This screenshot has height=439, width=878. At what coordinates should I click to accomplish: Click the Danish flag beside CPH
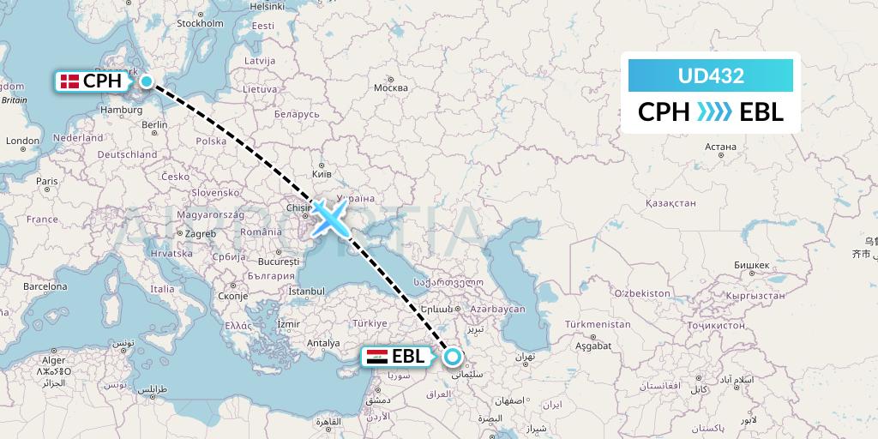coord(69,81)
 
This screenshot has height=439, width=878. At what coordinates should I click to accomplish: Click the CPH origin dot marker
coord(147,81)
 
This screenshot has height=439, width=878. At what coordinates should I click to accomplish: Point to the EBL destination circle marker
coord(452,357)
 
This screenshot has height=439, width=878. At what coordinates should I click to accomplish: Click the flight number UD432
coord(710,75)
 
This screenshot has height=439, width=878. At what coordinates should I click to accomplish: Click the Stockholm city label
coord(200,23)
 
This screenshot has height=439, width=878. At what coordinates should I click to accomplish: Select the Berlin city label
coord(155,124)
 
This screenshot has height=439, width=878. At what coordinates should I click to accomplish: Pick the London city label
coord(22,141)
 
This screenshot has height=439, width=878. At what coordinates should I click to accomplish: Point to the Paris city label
coord(46,181)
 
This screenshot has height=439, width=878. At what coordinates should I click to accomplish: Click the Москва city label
coord(391,88)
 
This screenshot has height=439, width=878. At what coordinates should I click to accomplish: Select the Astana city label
coord(720,147)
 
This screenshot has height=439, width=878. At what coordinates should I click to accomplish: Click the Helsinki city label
coord(267,6)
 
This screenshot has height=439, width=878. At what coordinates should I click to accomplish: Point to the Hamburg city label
coord(121,110)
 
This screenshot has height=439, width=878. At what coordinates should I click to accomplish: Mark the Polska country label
coord(210,141)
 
